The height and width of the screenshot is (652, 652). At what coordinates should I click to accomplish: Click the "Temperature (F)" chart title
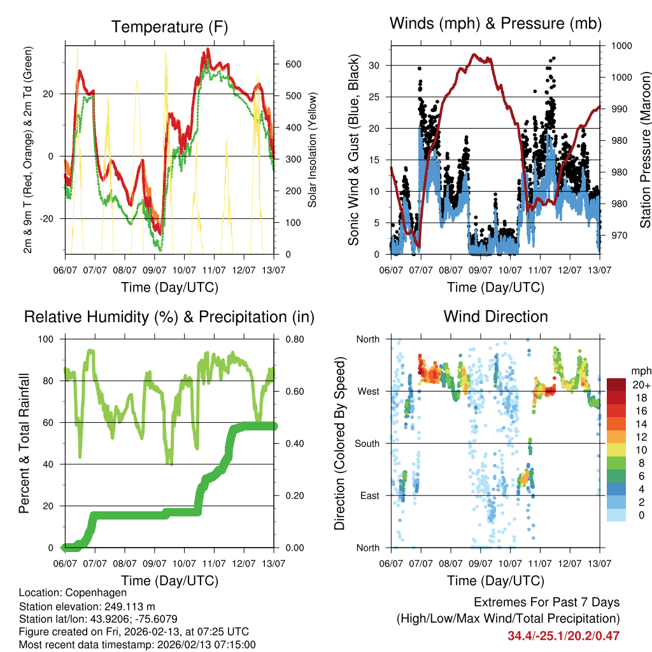click(169, 27)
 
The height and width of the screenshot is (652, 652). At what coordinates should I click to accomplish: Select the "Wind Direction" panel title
click(495, 316)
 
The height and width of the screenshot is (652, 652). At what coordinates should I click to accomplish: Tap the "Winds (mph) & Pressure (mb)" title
click(495, 24)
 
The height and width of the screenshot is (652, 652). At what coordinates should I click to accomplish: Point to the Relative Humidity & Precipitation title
click(169, 316)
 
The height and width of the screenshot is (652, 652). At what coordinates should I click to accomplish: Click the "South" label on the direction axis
click(367, 443)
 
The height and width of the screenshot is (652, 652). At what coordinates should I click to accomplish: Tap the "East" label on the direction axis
click(369, 495)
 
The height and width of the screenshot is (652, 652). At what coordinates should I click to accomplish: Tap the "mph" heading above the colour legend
click(640, 371)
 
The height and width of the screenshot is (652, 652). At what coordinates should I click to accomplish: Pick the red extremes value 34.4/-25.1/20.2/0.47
click(563, 635)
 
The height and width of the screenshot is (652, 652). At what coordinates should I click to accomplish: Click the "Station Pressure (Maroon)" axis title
click(645, 139)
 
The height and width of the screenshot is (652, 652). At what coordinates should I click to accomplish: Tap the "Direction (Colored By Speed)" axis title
click(339, 443)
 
